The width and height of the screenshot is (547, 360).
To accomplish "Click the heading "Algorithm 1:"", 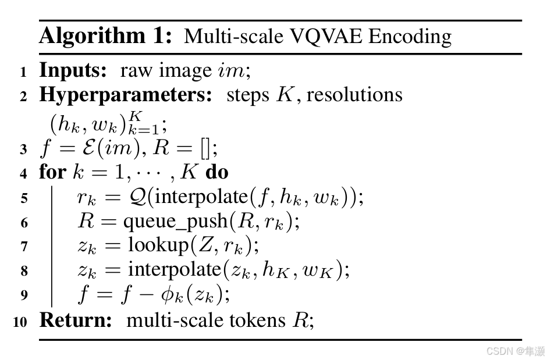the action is [x=105, y=36].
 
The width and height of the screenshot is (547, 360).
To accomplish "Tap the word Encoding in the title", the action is [x=410, y=37].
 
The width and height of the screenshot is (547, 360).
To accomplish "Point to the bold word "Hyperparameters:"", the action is [x=126, y=95].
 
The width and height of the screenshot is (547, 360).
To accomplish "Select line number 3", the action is [x=23, y=150].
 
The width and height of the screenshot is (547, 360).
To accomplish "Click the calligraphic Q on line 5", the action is [x=138, y=197].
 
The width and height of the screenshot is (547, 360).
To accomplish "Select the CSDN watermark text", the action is [x=515, y=351].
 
